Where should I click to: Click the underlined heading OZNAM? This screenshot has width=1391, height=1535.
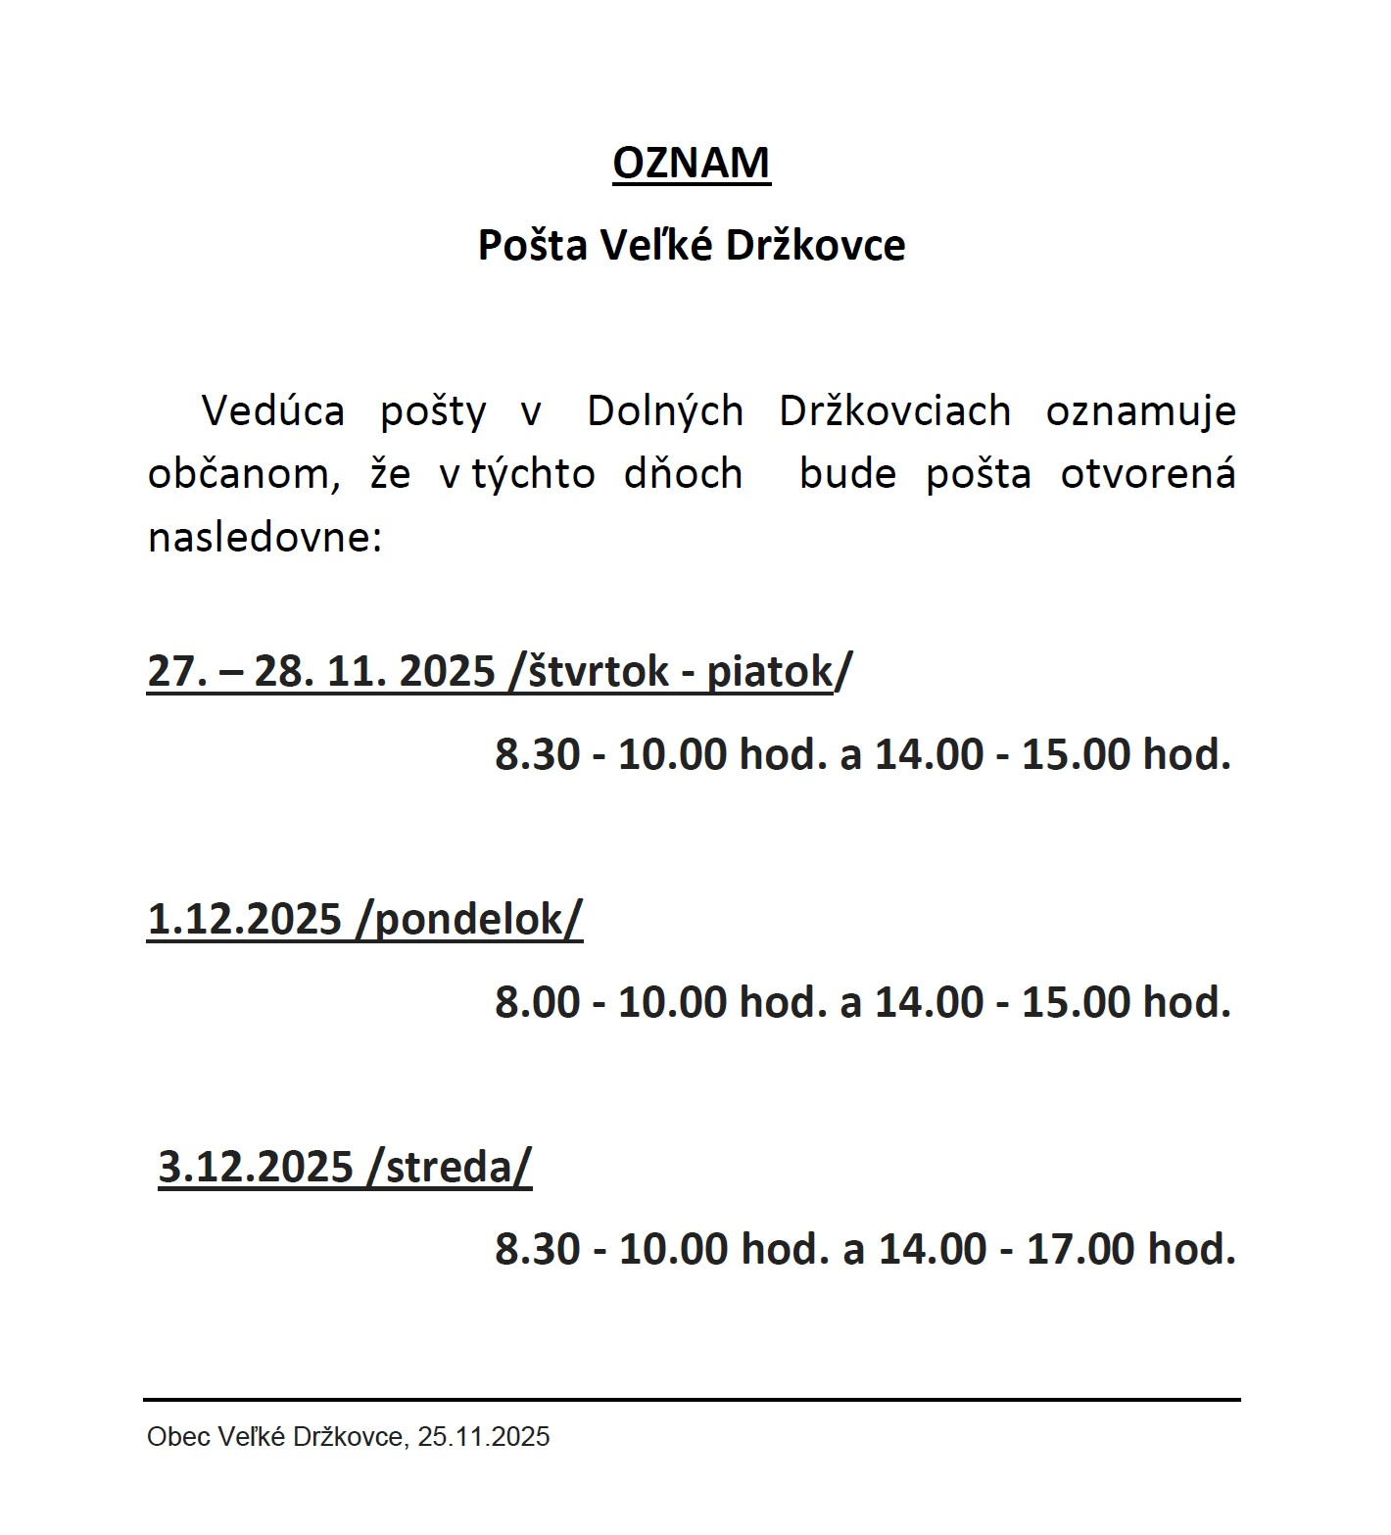point(691,163)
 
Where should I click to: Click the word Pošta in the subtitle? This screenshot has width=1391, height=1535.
point(531,245)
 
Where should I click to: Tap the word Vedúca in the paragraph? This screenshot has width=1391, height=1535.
point(272,411)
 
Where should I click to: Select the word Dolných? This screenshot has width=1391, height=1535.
point(665,411)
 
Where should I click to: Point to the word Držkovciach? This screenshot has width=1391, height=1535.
point(894,411)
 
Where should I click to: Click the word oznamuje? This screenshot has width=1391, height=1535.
point(1140,411)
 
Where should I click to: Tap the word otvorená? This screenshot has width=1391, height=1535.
point(1147,475)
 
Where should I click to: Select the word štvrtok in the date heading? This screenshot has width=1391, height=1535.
point(597,672)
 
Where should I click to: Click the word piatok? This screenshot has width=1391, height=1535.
point(769,672)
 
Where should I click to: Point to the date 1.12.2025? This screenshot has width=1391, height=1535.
point(244,919)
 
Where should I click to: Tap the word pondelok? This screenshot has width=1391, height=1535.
point(470,919)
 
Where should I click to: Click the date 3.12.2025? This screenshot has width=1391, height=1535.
point(255,1167)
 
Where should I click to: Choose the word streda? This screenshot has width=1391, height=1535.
point(449,1167)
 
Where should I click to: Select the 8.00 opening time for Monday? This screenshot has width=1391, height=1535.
point(537,1002)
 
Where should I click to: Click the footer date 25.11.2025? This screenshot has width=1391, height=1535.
point(483,1437)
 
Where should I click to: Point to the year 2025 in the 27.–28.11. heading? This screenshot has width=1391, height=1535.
point(447,672)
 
